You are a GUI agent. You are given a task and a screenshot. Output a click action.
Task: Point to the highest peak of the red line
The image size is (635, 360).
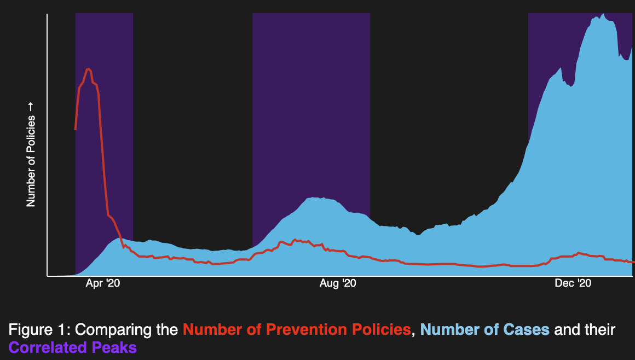click(x=88, y=69)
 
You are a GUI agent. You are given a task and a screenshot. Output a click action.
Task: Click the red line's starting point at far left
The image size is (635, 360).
click(x=76, y=129)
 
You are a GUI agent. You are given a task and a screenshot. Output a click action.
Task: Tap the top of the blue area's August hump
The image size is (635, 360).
click(x=315, y=198)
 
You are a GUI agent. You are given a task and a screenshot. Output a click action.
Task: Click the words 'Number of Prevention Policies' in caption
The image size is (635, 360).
click(x=297, y=330)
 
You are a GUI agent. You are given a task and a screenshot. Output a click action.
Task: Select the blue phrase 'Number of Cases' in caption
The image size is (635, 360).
click(x=485, y=330)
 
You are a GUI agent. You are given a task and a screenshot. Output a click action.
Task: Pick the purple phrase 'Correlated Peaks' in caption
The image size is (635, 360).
click(x=73, y=347)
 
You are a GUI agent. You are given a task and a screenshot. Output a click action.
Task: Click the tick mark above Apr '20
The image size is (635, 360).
click(x=103, y=277)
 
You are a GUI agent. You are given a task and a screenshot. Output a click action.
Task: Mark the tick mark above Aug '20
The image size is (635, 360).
click(x=338, y=277)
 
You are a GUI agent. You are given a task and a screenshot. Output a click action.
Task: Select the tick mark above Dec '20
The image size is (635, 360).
click(x=573, y=277)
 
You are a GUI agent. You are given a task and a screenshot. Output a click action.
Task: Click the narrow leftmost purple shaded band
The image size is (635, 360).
click(x=104, y=137)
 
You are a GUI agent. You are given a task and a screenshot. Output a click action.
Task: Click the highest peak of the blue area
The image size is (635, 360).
click(x=603, y=15)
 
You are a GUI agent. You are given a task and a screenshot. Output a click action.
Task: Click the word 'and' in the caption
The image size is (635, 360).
click(x=568, y=330)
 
